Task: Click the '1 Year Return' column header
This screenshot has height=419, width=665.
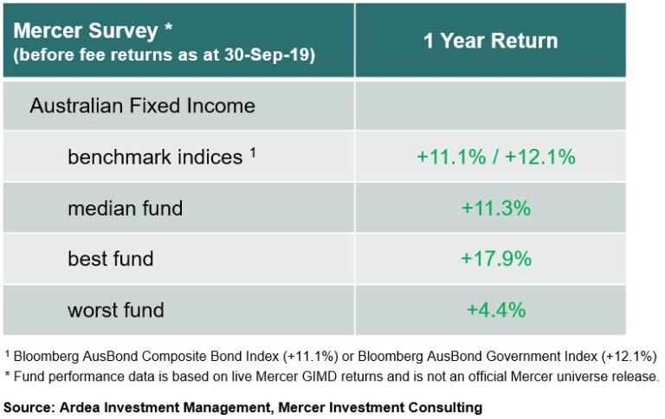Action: (x=490, y=41)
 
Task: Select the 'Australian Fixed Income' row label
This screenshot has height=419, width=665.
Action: (x=142, y=106)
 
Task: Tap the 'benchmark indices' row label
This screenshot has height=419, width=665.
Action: (x=155, y=157)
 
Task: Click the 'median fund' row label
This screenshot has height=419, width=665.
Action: (x=126, y=208)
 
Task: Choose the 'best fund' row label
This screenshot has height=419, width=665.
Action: (x=111, y=259)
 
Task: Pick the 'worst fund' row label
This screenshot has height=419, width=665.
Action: (x=116, y=309)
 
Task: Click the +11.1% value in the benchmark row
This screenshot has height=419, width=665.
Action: (x=449, y=157)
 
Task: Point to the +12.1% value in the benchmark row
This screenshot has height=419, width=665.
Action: (x=541, y=157)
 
